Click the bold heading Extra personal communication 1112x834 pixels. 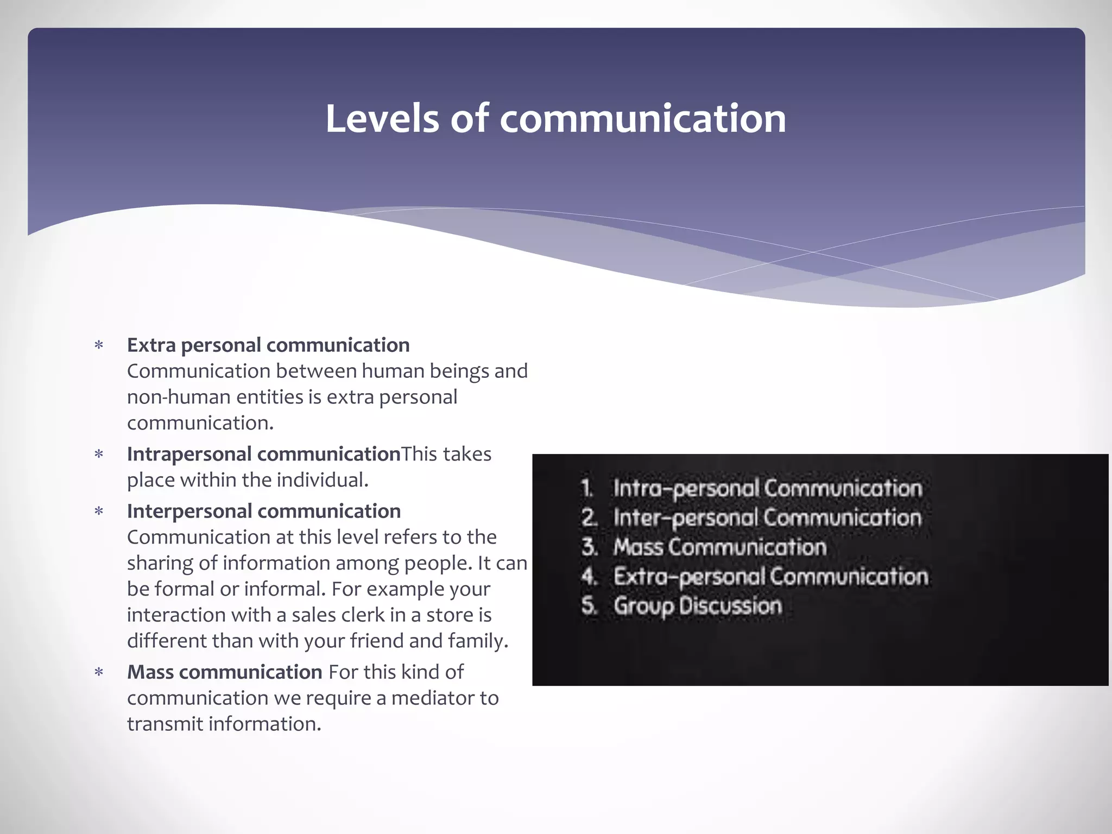(268, 345)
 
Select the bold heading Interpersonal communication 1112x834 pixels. (264, 511)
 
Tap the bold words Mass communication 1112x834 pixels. (225, 672)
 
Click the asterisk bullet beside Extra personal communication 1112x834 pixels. (99, 346)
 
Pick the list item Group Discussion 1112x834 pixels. (698, 606)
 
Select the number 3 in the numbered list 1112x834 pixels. (589, 547)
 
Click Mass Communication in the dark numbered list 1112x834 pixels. (720, 547)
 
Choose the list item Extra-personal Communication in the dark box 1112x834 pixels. (771, 577)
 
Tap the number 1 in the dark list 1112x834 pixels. (587, 488)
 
